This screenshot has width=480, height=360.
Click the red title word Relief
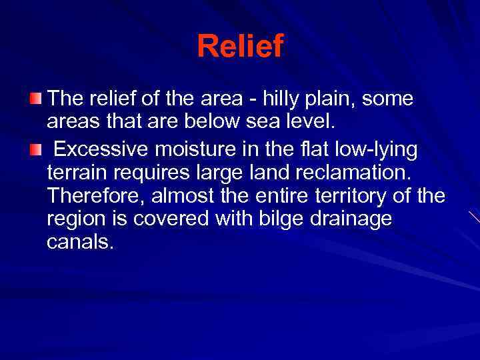pyautogui.click(x=240, y=46)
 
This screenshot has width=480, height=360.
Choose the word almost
pyautogui.click(x=187, y=197)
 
